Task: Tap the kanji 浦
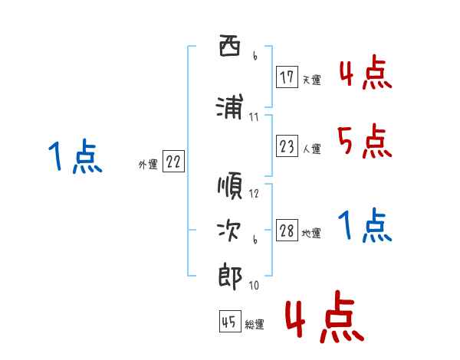click(x=229, y=107)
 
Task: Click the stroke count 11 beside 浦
click(x=254, y=117)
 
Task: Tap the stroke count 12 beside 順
click(x=255, y=194)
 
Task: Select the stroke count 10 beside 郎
click(x=254, y=286)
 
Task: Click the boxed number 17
click(x=287, y=77)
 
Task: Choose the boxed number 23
click(x=287, y=146)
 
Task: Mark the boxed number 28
click(x=287, y=231)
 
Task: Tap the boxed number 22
click(x=173, y=162)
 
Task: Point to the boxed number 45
click(x=229, y=322)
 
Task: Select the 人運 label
click(x=311, y=149)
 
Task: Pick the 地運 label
click(x=311, y=234)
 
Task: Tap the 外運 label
click(x=147, y=165)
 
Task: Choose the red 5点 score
click(x=363, y=141)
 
